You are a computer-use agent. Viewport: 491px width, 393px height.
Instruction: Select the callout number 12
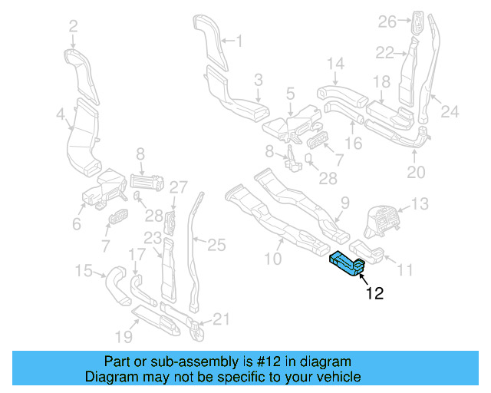(374, 292)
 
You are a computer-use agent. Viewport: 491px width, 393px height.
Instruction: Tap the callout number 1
(238, 40)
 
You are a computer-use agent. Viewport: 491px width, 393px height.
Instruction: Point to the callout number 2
(73, 27)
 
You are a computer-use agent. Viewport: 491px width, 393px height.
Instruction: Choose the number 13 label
(420, 203)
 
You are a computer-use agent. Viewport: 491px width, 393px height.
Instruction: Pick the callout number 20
(415, 173)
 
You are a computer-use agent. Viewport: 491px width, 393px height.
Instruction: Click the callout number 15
(84, 269)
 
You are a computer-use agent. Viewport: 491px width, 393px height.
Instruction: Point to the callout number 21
(220, 319)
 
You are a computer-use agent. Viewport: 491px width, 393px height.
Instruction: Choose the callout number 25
(217, 245)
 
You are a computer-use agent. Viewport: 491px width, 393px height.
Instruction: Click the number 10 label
(272, 259)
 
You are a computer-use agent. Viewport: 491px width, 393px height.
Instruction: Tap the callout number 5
(290, 93)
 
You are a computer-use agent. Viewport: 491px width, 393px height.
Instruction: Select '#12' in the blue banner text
(259, 362)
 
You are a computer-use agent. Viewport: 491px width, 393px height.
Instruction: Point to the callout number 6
(76, 224)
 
